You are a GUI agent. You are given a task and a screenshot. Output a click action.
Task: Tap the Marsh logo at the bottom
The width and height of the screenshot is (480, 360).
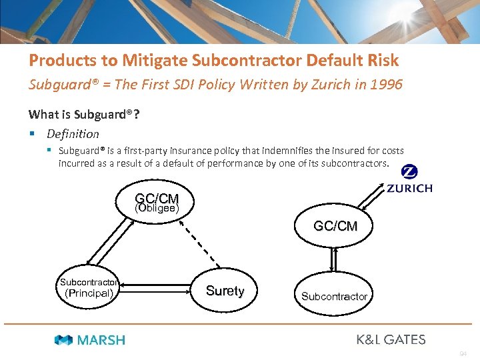(89, 340)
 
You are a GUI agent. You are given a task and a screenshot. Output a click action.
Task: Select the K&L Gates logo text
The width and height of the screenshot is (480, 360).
(391, 339)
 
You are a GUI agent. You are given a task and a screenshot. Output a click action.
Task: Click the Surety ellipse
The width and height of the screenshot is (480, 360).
(225, 291)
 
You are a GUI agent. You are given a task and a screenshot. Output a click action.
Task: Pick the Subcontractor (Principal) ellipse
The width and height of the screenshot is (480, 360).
(89, 287)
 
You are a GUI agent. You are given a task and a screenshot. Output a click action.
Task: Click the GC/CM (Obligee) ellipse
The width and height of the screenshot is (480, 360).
(157, 203)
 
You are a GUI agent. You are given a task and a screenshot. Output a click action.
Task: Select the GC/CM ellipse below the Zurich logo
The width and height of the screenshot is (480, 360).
(335, 227)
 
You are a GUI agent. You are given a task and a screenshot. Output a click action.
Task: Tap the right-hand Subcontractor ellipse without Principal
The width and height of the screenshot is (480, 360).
(334, 296)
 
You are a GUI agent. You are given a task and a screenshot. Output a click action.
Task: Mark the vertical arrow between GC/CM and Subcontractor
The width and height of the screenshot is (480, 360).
(335, 261)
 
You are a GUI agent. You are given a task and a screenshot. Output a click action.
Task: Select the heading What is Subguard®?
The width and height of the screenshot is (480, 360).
(84, 114)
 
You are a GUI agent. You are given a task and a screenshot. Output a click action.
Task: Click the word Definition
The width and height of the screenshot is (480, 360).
(73, 133)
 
